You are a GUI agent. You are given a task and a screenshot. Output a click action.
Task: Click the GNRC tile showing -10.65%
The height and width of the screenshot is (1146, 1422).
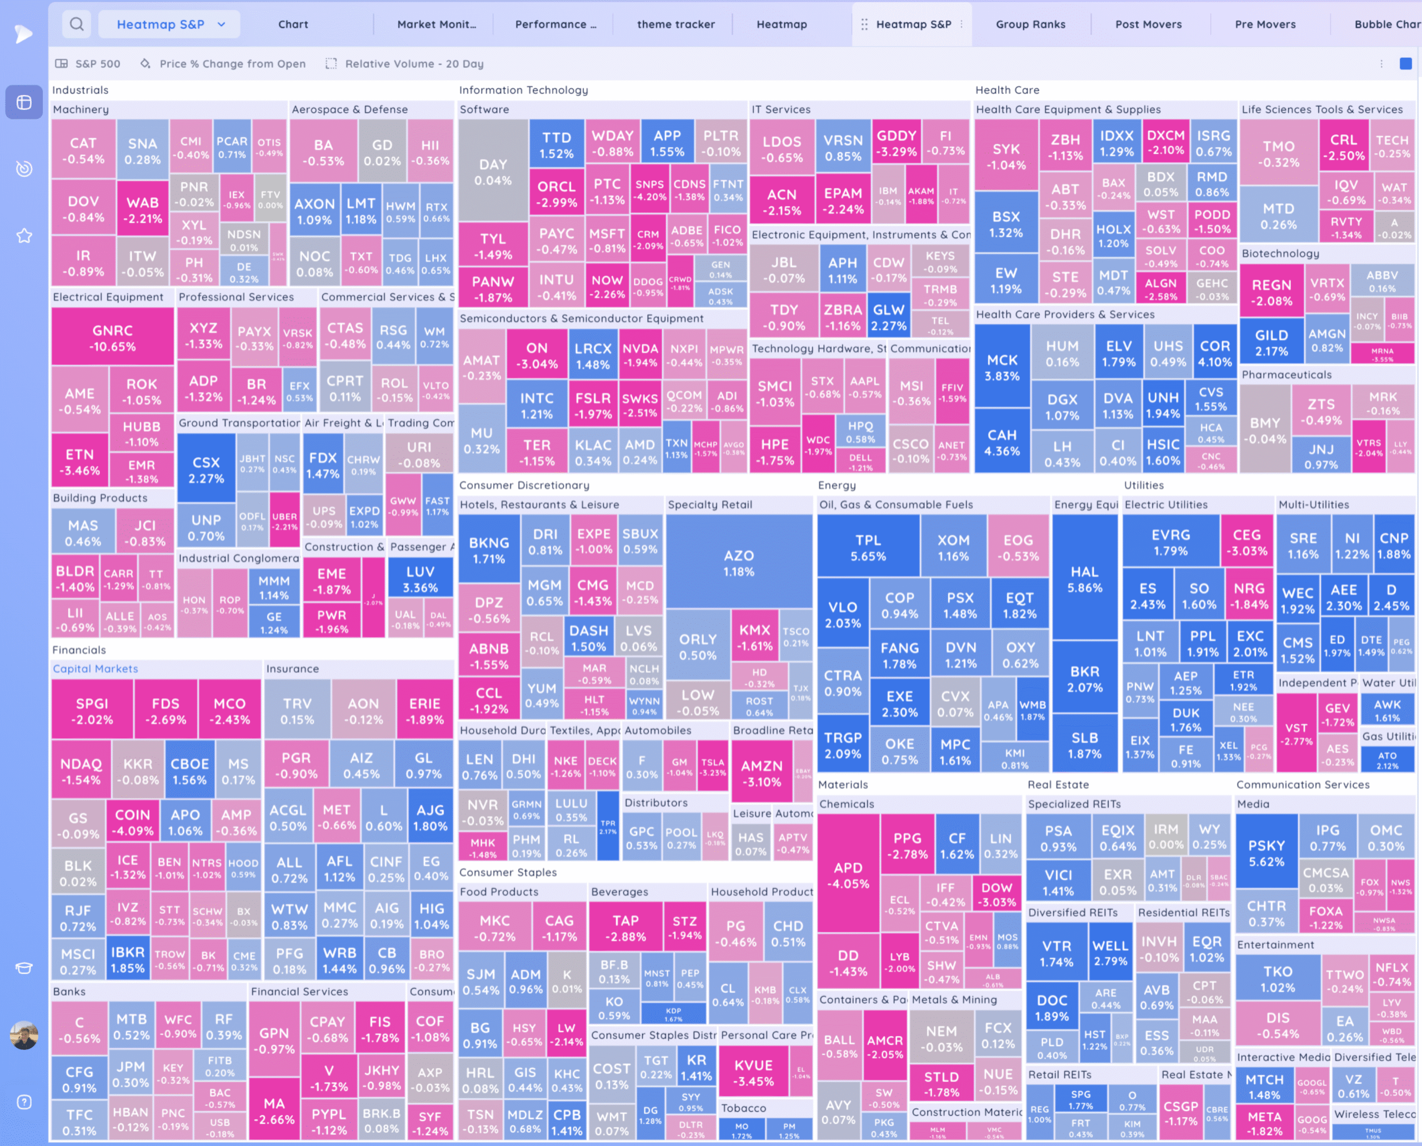point(113,338)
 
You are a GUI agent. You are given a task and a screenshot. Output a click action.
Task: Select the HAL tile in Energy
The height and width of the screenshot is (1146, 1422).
point(1085,579)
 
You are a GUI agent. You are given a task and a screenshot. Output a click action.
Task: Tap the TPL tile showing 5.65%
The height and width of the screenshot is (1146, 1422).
point(868,547)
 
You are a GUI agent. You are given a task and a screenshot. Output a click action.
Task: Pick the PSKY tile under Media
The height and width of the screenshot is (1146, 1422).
point(1266,853)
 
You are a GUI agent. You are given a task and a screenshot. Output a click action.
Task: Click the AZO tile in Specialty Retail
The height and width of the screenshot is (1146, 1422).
point(738,563)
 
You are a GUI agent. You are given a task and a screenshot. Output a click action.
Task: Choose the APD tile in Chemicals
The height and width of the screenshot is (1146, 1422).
point(848,875)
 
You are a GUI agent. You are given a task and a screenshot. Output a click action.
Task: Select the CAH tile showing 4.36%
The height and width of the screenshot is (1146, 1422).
point(1002,442)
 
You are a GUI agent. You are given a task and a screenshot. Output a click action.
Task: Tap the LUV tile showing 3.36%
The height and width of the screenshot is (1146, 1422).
point(420,579)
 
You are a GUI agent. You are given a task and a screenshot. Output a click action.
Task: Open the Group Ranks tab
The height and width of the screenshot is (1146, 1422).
point(1030,24)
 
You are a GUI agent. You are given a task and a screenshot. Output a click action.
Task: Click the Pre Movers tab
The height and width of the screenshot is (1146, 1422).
point(1265,24)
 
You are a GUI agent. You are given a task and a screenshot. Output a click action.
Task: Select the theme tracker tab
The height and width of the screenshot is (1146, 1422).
point(675,24)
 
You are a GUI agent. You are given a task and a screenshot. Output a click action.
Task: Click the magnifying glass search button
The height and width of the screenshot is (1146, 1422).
point(77,24)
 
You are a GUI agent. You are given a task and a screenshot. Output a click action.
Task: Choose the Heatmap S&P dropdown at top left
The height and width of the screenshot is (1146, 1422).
point(169,24)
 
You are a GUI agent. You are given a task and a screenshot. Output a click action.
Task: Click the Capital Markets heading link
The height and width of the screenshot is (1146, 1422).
point(96,669)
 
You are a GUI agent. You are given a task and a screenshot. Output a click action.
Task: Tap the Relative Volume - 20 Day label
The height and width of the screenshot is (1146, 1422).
point(414,64)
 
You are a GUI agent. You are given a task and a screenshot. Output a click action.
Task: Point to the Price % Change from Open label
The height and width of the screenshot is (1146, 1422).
point(232,64)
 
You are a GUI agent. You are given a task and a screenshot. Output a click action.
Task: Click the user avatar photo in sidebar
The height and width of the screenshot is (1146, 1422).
point(24,1035)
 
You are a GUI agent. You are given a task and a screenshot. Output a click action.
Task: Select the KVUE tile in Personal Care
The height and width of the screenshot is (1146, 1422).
point(753,1073)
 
